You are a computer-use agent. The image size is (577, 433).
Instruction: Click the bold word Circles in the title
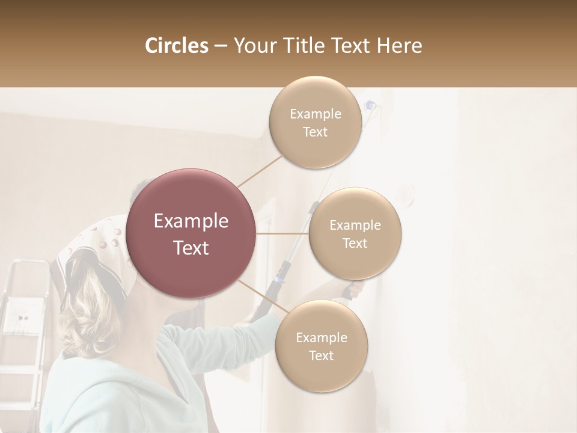(176, 46)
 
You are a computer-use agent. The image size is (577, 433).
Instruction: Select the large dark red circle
(191, 233)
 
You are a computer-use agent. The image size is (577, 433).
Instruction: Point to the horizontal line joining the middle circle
(282, 233)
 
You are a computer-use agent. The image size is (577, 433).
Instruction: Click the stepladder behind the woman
(21, 325)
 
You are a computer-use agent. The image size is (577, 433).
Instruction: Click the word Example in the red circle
(191, 221)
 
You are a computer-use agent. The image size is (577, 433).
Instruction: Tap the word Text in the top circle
(315, 132)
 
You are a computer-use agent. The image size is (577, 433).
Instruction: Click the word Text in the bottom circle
(321, 356)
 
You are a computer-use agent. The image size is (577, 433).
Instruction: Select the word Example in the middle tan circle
(355, 226)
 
